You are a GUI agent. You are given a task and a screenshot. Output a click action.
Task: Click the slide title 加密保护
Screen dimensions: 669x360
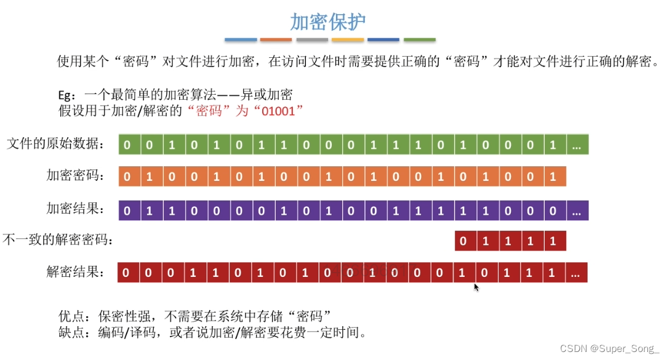(x=328, y=22)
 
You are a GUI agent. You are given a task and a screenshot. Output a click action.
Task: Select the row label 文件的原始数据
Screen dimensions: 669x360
(x=55, y=145)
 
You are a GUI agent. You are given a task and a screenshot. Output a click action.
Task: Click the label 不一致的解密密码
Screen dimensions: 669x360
(x=58, y=240)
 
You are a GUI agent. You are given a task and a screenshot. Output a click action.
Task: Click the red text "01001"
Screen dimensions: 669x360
(x=282, y=111)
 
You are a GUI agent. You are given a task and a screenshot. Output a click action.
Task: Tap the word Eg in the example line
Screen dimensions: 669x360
(x=65, y=95)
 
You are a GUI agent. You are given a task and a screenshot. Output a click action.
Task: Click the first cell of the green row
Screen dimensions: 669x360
(x=127, y=145)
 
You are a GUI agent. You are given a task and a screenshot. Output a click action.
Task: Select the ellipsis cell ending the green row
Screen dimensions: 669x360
(x=576, y=145)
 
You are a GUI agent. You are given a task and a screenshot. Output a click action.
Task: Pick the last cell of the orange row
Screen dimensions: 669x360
(x=553, y=177)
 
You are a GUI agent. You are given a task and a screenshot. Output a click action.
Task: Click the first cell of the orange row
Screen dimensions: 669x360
(x=127, y=177)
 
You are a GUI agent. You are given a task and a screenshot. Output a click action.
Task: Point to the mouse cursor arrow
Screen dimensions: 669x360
(x=476, y=287)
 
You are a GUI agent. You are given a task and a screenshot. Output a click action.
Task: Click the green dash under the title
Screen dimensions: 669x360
(x=419, y=40)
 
